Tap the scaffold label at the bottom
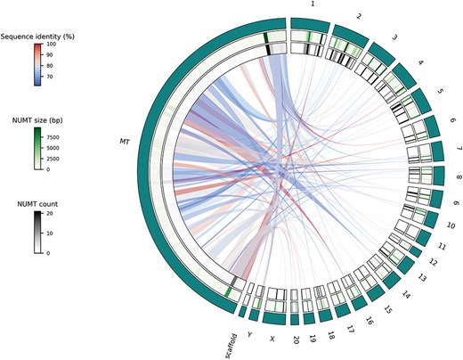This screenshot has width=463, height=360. [233, 340]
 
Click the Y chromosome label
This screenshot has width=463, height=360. [252, 337]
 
